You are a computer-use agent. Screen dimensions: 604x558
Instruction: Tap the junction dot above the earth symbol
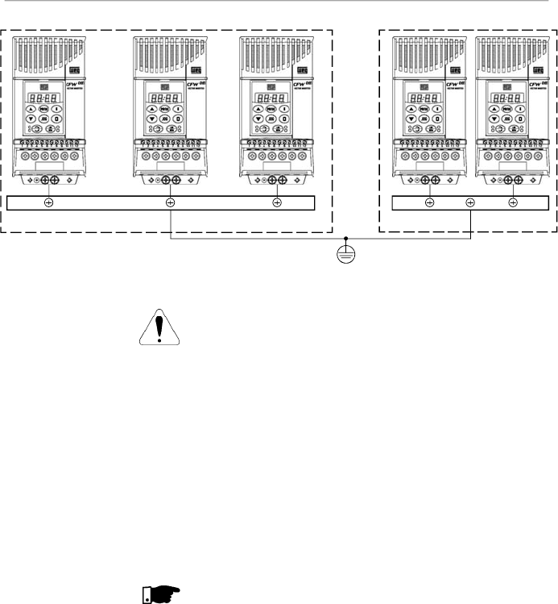tap(346, 239)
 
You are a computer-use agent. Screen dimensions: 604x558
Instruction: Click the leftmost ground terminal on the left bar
tap(49, 202)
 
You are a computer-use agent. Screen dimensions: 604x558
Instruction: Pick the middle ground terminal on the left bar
tap(170, 202)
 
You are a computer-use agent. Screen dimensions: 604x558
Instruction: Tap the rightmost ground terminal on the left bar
tap(277, 202)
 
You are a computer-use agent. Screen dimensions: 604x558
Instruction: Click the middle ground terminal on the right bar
tap(470, 202)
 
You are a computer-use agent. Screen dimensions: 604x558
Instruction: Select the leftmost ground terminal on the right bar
tap(429, 202)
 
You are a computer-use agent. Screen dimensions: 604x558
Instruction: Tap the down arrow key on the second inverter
tap(151, 118)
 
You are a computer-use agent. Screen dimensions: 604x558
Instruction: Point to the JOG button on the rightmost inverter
tap(502, 118)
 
